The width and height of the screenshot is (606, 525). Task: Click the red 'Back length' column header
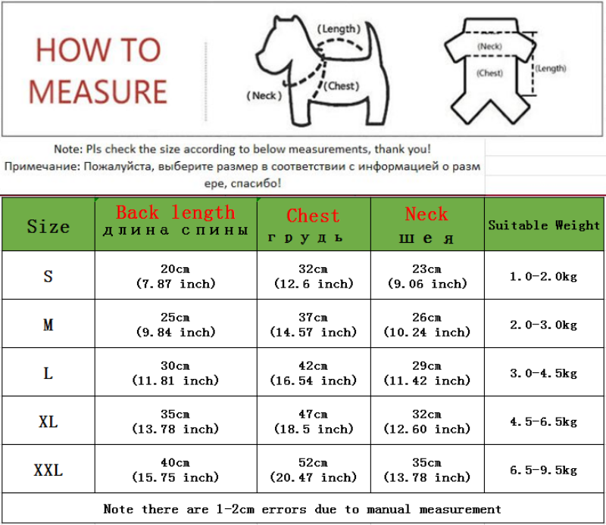175,213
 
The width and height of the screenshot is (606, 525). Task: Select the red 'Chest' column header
313,216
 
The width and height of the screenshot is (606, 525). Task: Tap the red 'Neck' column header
426,214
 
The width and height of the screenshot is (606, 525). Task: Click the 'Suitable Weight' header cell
544,225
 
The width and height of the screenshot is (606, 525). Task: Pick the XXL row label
48,471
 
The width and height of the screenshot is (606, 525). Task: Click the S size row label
48,276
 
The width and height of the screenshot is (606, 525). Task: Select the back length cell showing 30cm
175,373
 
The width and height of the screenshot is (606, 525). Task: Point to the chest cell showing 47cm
313,421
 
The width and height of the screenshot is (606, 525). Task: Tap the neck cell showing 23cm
426,276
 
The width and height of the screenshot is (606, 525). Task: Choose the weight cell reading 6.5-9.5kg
543,471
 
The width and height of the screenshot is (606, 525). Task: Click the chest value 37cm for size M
313,325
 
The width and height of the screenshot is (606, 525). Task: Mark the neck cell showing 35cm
426,470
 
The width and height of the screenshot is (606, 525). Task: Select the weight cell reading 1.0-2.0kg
543,277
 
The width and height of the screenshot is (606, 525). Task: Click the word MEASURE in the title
97,91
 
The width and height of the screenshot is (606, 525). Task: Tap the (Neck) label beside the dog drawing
264,95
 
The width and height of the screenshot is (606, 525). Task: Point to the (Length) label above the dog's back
339,29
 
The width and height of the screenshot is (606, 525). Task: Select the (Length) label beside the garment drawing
551,69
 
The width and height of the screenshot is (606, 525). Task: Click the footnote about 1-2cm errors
302,509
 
